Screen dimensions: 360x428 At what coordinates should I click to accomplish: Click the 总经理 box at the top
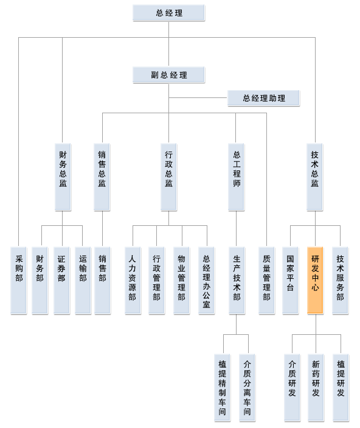pos(168,13)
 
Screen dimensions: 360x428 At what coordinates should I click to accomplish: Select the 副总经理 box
pos(168,75)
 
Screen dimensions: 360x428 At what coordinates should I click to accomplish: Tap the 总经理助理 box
pos(263,98)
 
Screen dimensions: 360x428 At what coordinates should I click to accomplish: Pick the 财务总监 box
pos(63,177)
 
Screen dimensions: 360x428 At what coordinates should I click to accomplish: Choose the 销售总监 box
pos(102,177)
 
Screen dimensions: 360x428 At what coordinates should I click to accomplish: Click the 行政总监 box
pos(168,177)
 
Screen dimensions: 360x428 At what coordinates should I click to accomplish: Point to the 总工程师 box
pos(236,177)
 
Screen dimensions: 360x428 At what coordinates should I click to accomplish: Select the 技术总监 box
pos(314,177)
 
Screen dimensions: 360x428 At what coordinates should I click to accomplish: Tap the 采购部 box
pos(18,280)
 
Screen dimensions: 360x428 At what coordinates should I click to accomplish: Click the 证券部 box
pos(61,280)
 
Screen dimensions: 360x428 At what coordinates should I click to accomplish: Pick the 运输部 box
pos(83,280)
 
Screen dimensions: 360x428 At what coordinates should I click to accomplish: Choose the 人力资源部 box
pos(133,280)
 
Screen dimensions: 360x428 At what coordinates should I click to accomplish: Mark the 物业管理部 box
pos(181,280)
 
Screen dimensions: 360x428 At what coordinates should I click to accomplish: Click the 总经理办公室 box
pos(207,280)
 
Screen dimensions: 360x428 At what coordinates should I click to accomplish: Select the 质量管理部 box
pos(266,280)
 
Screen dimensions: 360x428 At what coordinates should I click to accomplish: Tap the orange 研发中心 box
pos(315,280)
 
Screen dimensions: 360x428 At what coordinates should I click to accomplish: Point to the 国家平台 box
pos(290,280)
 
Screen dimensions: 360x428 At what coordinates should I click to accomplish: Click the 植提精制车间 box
pos(223,388)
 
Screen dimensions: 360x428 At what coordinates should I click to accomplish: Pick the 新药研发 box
pos(316,388)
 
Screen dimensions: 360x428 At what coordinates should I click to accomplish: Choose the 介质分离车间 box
pos(247,388)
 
